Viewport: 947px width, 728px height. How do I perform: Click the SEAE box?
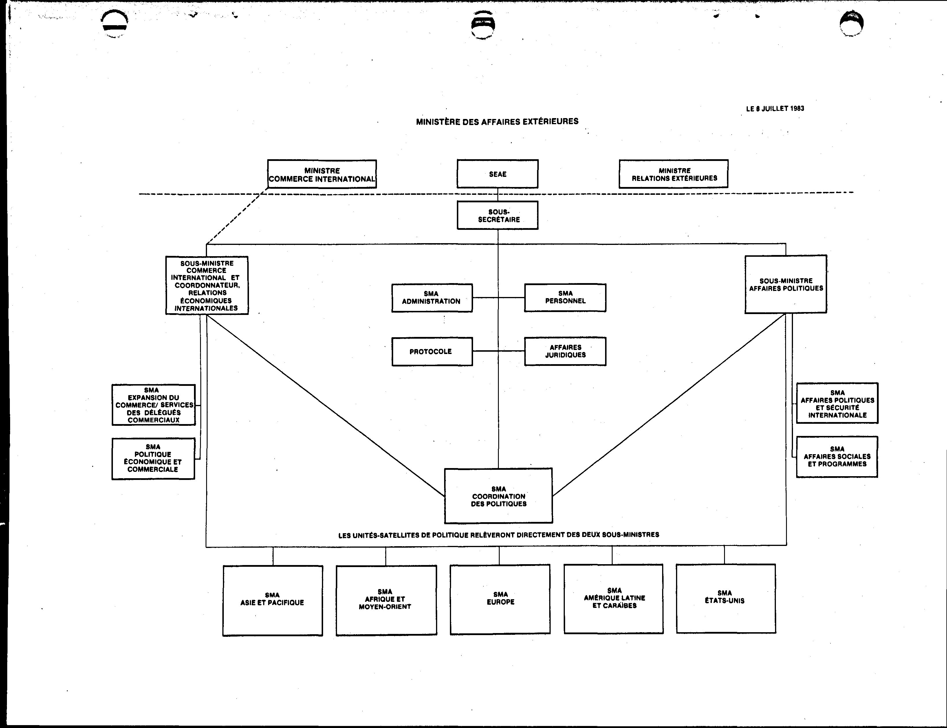tap(498, 174)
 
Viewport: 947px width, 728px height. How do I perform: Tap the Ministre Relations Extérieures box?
tap(673, 174)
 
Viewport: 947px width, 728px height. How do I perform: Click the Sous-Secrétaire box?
tap(498, 215)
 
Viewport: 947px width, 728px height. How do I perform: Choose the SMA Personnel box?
tap(565, 298)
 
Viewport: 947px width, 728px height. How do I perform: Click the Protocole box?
tap(432, 351)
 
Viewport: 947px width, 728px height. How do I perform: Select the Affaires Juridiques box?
tap(565, 351)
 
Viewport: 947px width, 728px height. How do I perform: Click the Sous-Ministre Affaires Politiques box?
tap(786, 284)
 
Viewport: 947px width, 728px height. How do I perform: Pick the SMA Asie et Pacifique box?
tap(273, 601)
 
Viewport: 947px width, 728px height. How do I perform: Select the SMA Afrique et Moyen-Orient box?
tap(386, 600)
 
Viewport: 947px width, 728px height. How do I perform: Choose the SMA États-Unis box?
tap(726, 598)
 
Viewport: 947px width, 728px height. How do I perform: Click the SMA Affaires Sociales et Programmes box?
tap(837, 457)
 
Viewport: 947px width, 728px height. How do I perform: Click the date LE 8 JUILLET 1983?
tap(775, 108)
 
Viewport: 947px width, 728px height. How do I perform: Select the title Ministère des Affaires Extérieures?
tap(497, 121)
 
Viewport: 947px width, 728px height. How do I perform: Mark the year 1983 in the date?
tap(797, 108)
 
